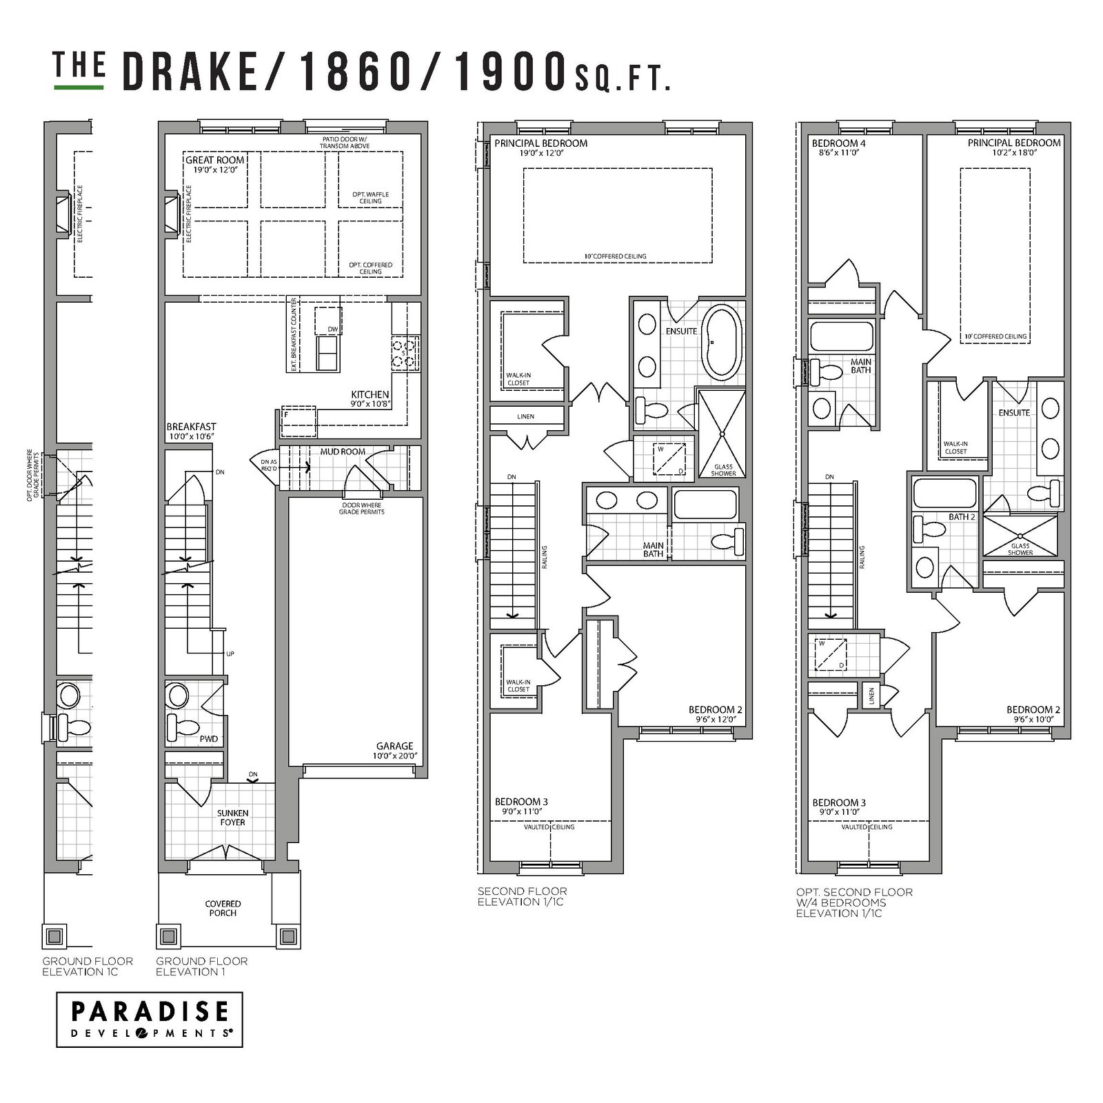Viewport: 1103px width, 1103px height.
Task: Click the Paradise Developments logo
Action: tap(149, 1029)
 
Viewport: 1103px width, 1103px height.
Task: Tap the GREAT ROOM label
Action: tap(214, 160)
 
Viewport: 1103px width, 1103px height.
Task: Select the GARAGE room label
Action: tap(395, 746)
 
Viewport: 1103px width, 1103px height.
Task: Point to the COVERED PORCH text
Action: tap(223, 908)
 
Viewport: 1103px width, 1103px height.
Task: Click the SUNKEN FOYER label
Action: tap(232, 818)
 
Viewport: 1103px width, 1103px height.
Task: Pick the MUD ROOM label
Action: tap(343, 452)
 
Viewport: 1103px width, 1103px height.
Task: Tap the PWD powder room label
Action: tap(209, 739)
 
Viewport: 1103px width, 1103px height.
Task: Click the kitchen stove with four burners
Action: tap(406, 352)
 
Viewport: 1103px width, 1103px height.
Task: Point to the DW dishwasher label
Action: tap(333, 330)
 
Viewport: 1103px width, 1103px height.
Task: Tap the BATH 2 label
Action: tap(962, 517)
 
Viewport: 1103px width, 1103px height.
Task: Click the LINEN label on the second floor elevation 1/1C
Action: tap(525, 416)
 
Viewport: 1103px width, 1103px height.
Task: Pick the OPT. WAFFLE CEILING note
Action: tap(371, 199)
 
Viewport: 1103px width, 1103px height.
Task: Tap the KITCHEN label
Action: tap(370, 395)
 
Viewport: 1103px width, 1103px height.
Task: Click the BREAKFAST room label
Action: tap(191, 427)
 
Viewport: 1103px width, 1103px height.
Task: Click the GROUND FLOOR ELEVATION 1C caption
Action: tap(88, 967)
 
